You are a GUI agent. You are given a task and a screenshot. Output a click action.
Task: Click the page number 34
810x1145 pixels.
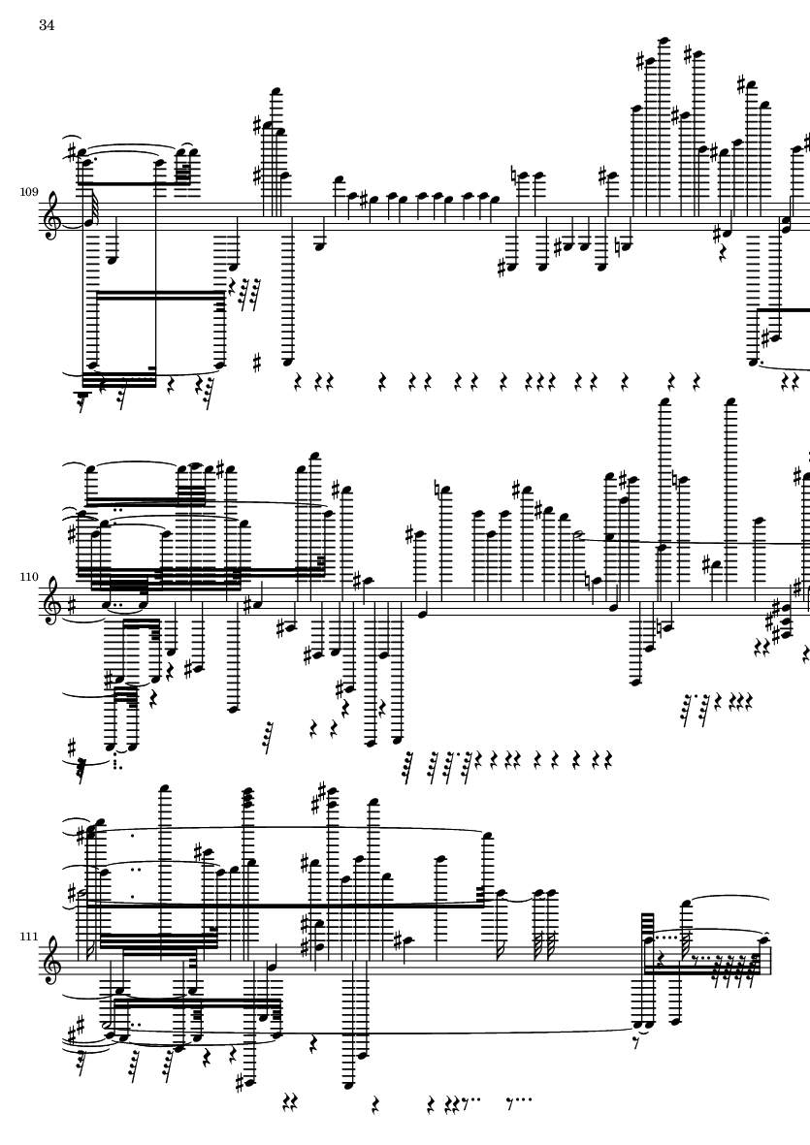click(47, 25)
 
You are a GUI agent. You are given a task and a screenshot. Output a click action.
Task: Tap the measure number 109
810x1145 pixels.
click(29, 192)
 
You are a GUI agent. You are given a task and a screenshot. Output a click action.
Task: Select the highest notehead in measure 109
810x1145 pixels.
click(664, 41)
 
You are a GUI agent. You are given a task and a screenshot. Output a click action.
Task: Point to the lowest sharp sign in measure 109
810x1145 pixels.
click(257, 363)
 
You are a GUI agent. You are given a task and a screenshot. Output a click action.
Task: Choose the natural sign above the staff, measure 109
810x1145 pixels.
click(516, 175)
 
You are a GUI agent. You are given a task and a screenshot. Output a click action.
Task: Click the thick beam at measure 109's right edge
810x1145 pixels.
click(783, 309)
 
